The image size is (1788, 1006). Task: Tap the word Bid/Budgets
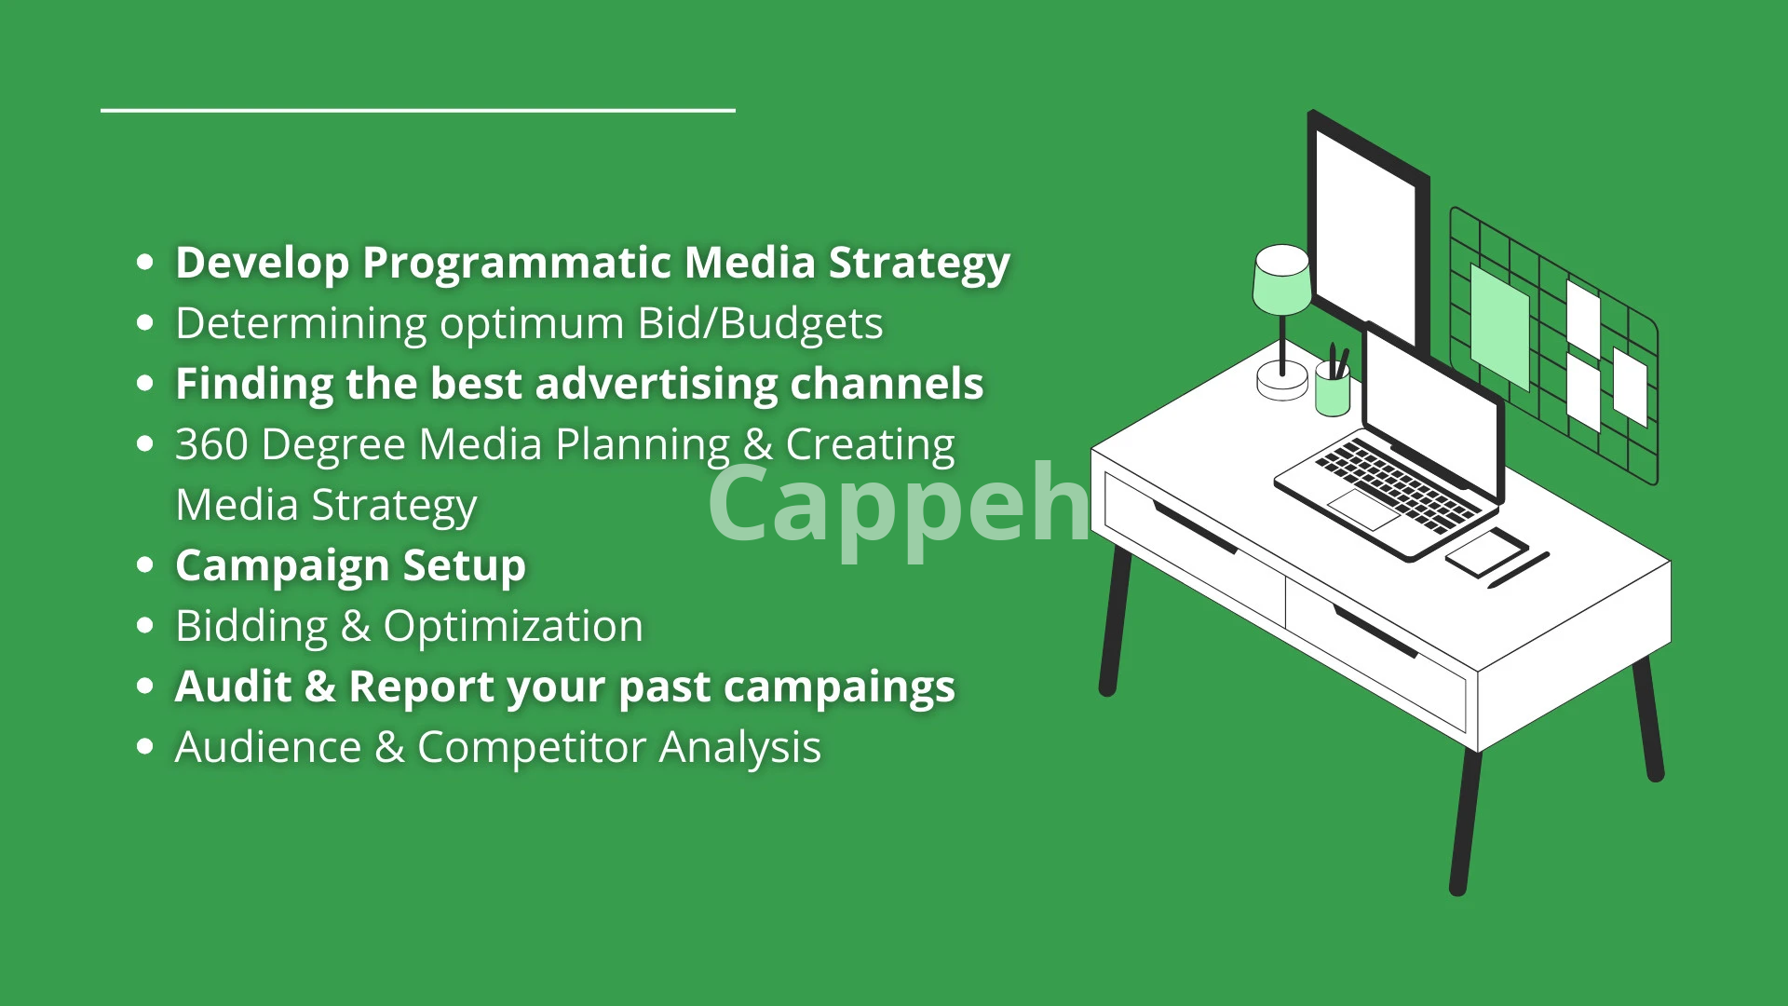coord(760,324)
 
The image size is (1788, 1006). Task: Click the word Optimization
coord(513,627)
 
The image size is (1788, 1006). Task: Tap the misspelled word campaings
coord(839,688)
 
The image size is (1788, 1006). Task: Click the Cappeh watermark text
coord(900,506)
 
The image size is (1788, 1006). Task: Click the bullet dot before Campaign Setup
coord(144,565)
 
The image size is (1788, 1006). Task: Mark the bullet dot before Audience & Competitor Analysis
coord(144,747)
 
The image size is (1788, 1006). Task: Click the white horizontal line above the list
coord(418,110)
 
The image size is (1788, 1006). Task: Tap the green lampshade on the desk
coord(1281,279)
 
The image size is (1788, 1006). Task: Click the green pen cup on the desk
coord(1333,388)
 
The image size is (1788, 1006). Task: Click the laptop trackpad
coord(1361,509)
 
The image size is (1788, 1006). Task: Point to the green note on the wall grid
coord(1499,326)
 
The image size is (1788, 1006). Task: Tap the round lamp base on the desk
coord(1282,381)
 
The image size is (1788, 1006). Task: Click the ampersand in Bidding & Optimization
coord(356,626)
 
